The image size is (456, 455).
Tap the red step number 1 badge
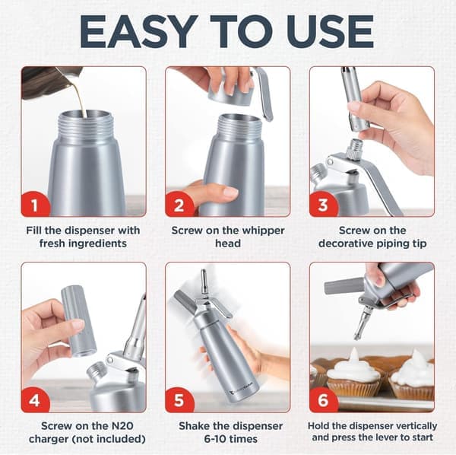tap(35, 204)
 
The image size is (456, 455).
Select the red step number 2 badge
tap(179, 204)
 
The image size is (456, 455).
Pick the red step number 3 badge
tap(323, 204)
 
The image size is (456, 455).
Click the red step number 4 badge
tap(35, 399)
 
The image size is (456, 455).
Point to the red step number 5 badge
tap(179, 399)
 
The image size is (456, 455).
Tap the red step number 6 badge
tap(323, 399)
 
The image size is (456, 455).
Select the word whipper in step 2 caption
tap(264, 231)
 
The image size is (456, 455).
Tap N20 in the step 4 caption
tap(122, 426)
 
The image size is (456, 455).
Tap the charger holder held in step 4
tap(78, 321)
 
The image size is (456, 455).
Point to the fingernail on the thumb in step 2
tap(231, 192)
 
